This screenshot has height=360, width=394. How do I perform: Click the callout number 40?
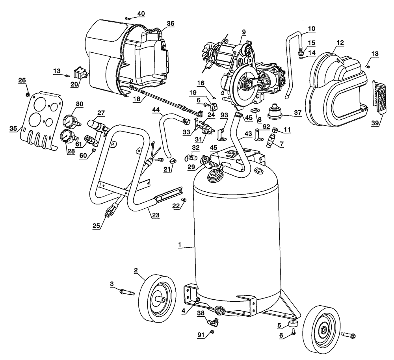[141, 13]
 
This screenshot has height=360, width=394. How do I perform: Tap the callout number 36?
[170, 24]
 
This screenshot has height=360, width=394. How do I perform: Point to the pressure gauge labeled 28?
[67, 137]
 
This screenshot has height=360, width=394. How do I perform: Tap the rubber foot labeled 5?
[293, 325]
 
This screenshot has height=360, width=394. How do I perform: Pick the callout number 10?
[311, 28]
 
